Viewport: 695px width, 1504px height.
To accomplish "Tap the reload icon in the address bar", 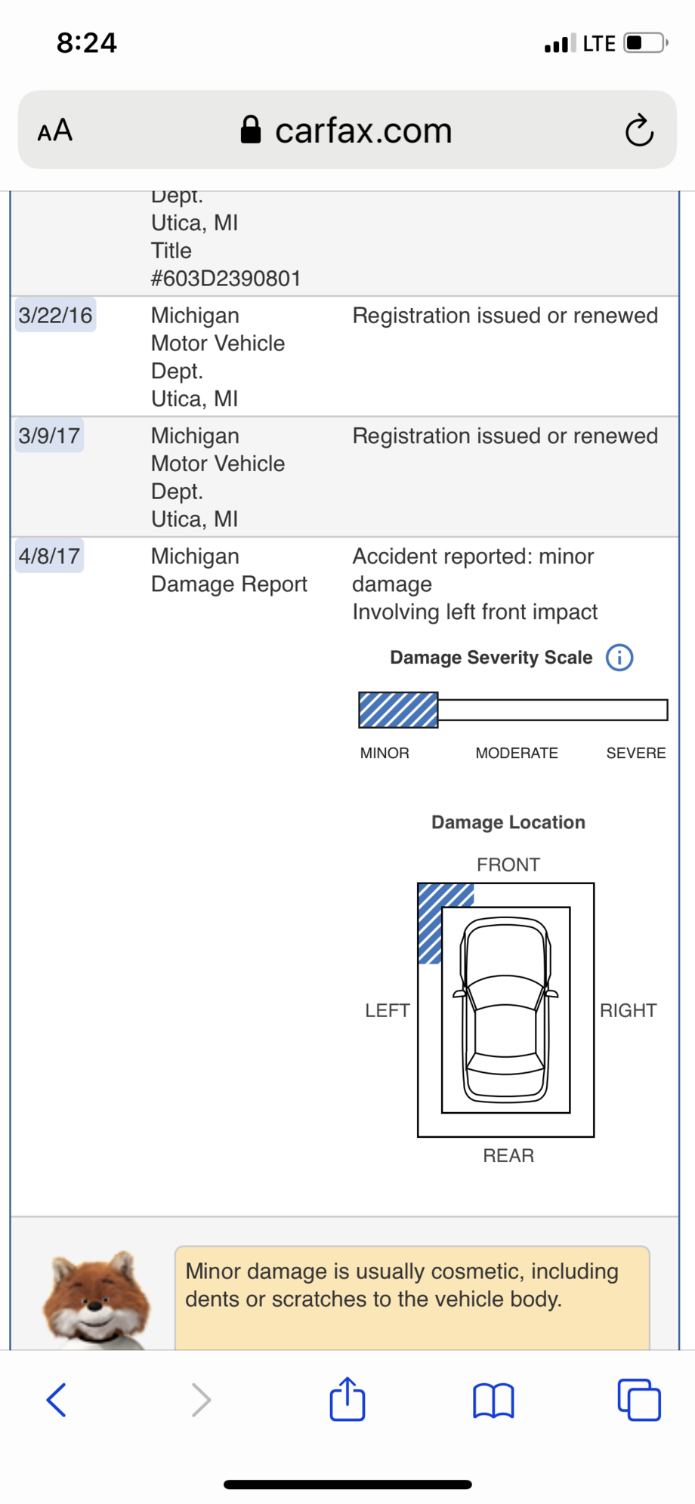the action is tap(639, 130).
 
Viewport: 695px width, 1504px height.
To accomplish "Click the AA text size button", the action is tap(55, 131).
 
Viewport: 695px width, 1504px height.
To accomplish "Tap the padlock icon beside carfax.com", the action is tap(251, 130).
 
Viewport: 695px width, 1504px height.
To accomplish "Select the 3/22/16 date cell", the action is tap(56, 316).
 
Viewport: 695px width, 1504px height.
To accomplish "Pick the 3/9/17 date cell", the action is tap(50, 436).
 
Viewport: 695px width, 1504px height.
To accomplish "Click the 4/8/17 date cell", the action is tap(50, 556).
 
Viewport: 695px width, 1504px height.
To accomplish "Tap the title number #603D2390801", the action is tap(226, 279).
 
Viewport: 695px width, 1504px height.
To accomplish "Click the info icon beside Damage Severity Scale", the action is tap(619, 658).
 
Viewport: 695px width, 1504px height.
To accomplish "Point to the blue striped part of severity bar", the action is tap(398, 710).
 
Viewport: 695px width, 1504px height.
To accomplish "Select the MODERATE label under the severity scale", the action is tap(517, 753).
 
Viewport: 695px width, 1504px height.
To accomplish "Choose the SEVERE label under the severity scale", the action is tap(636, 753).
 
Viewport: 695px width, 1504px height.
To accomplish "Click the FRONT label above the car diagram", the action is tap(508, 864).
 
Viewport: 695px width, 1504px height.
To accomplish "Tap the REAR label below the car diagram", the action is tap(508, 1155).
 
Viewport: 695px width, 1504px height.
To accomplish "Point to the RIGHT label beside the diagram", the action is tap(629, 1010).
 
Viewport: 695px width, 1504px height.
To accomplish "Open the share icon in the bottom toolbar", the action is tap(347, 1399).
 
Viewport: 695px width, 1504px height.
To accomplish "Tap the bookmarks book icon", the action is tap(493, 1401).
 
